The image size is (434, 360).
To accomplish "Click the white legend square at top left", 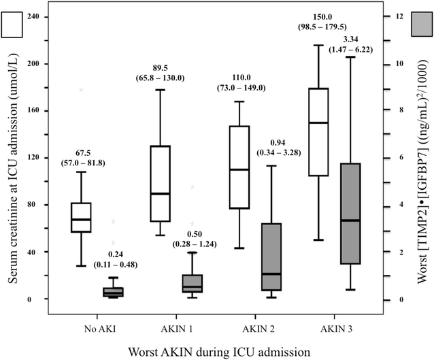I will (x=13, y=25).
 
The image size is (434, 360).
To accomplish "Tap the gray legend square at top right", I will (x=421, y=25).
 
